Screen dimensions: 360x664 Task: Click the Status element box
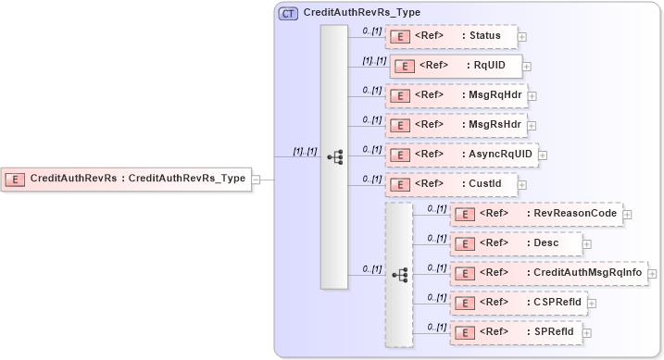point(451,36)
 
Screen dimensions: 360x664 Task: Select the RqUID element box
point(457,65)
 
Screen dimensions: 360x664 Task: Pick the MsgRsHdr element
point(455,124)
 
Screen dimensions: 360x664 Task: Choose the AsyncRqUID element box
point(460,154)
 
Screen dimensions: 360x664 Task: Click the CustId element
point(451,183)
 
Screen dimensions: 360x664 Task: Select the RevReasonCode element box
point(535,214)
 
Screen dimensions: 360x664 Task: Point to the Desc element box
point(517,242)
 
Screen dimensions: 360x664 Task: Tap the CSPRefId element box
point(517,302)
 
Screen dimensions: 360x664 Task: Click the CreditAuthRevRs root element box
point(128,179)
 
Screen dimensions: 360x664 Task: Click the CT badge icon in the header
point(288,14)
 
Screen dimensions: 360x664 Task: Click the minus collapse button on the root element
point(257,180)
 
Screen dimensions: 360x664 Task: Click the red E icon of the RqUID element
point(404,66)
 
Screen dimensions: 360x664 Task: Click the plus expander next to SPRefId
point(586,332)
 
